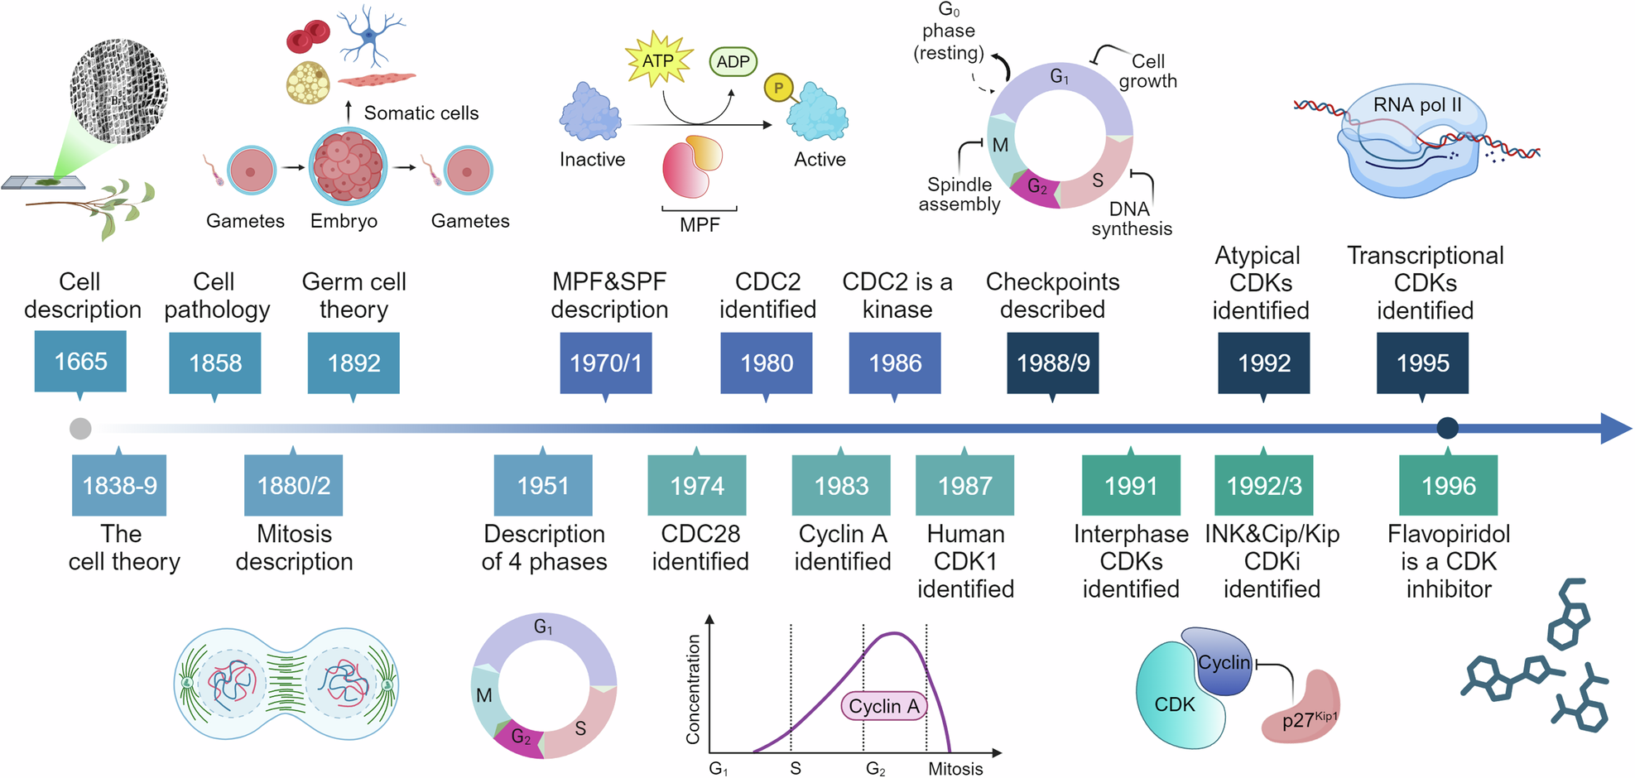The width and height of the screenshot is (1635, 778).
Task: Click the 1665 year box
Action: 80,362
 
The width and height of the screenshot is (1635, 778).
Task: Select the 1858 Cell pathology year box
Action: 215,363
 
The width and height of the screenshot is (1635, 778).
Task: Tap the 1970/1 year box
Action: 605,363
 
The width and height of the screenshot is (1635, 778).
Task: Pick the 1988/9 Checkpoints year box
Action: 1052,363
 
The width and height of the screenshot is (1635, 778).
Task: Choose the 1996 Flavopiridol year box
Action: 1448,486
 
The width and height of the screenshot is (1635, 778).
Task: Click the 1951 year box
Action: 543,486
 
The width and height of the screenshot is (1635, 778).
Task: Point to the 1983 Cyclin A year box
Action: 841,486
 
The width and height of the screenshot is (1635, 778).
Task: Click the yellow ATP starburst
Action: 658,60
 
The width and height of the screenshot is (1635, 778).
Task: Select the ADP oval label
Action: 733,62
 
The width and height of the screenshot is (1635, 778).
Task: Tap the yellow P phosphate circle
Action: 778,88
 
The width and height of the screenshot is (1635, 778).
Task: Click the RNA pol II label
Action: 1417,105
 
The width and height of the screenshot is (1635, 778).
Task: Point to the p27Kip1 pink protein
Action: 1302,709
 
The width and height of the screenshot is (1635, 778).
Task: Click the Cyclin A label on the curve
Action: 883,706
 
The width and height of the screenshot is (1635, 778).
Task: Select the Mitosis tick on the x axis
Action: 955,768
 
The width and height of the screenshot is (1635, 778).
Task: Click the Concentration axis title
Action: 693,689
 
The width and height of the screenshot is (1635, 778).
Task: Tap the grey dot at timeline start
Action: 80,429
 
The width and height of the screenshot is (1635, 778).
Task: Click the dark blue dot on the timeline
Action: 1447,428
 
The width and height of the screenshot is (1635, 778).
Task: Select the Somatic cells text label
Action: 421,113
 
